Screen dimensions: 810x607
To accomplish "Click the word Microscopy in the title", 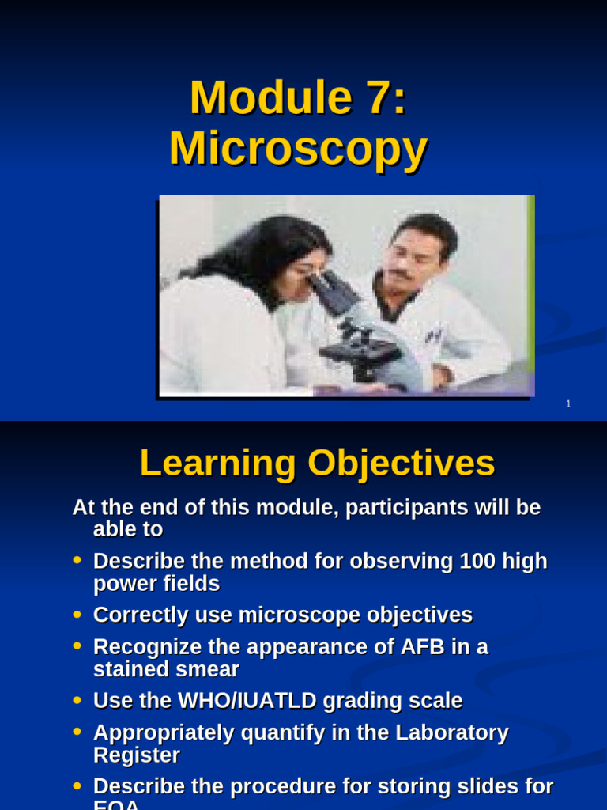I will pyautogui.click(x=298, y=149).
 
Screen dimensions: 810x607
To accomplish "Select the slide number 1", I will pyautogui.click(x=568, y=404).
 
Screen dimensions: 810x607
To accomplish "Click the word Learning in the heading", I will pyautogui.click(x=217, y=464).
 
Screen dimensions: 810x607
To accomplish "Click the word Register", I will pyautogui.click(x=136, y=755).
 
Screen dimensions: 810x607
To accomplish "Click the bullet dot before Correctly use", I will pyautogui.click(x=77, y=614).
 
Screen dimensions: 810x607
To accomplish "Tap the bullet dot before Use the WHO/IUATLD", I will pyautogui.click(x=77, y=700).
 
